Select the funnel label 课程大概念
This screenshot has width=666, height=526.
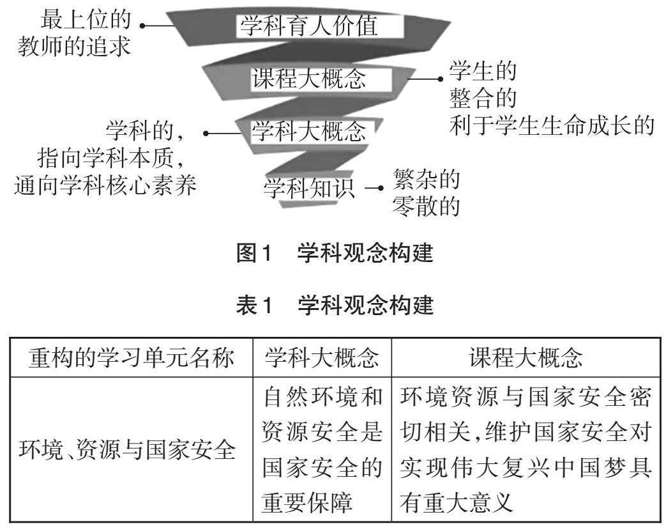point(309,79)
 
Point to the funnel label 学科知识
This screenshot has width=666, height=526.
point(309,188)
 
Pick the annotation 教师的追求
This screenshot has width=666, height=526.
point(75,47)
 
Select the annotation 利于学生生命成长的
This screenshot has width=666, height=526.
point(552,125)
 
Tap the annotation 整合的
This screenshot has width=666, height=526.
point(483,98)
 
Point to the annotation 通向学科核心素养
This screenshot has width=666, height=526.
point(105,185)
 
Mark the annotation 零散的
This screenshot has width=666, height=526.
point(427,206)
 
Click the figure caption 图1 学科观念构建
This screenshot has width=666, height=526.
point(335,254)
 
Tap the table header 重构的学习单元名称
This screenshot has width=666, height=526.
point(132,359)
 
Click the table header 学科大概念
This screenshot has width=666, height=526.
point(322,359)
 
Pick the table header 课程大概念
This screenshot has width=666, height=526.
point(525,359)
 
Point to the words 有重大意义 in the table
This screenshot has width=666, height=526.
point(457,504)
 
